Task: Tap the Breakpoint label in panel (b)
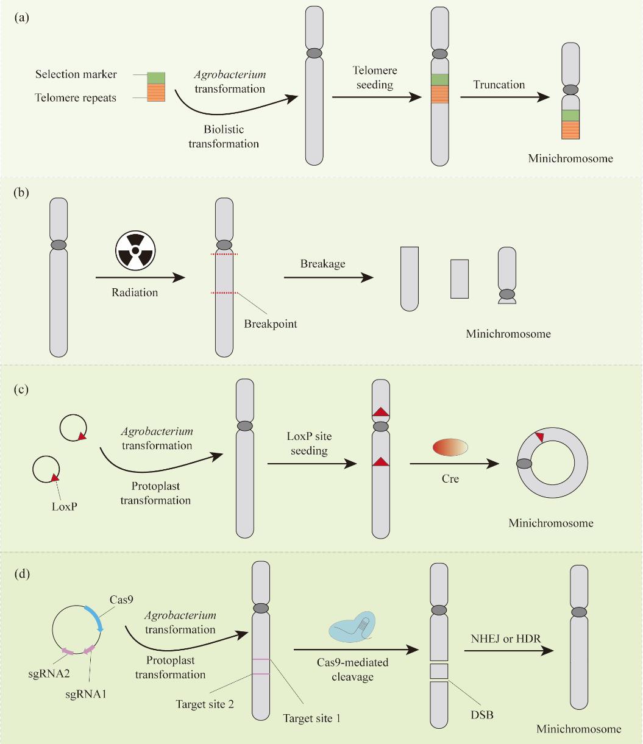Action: pos(271,324)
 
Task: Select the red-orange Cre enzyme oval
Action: pos(450,448)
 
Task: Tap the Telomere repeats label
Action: pos(76,97)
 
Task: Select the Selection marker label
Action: pos(76,74)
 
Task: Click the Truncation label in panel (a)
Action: pos(492,85)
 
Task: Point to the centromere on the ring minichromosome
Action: pos(524,464)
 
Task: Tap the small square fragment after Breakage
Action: pos(460,278)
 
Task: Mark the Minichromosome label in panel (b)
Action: pos(509,334)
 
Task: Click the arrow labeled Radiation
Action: pos(140,278)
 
